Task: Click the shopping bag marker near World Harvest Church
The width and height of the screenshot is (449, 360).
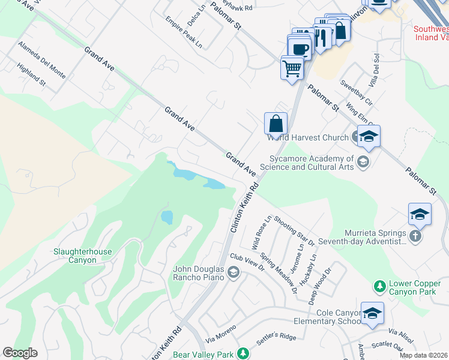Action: point(276,124)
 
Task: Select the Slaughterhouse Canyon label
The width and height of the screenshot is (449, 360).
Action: point(83,256)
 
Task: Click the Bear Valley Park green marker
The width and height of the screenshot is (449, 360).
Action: point(243,354)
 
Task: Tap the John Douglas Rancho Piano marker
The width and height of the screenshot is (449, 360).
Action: point(233,274)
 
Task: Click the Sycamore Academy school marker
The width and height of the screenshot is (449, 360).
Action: point(363,161)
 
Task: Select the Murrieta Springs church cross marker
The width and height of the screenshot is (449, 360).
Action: point(416,236)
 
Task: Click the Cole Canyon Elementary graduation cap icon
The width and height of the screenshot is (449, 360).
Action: point(372,313)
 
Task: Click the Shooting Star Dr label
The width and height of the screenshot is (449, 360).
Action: point(294,230)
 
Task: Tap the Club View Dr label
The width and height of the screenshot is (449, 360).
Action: point(247,264)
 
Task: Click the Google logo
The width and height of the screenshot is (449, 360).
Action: point(20,353)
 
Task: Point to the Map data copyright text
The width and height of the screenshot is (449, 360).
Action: point(424,355)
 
